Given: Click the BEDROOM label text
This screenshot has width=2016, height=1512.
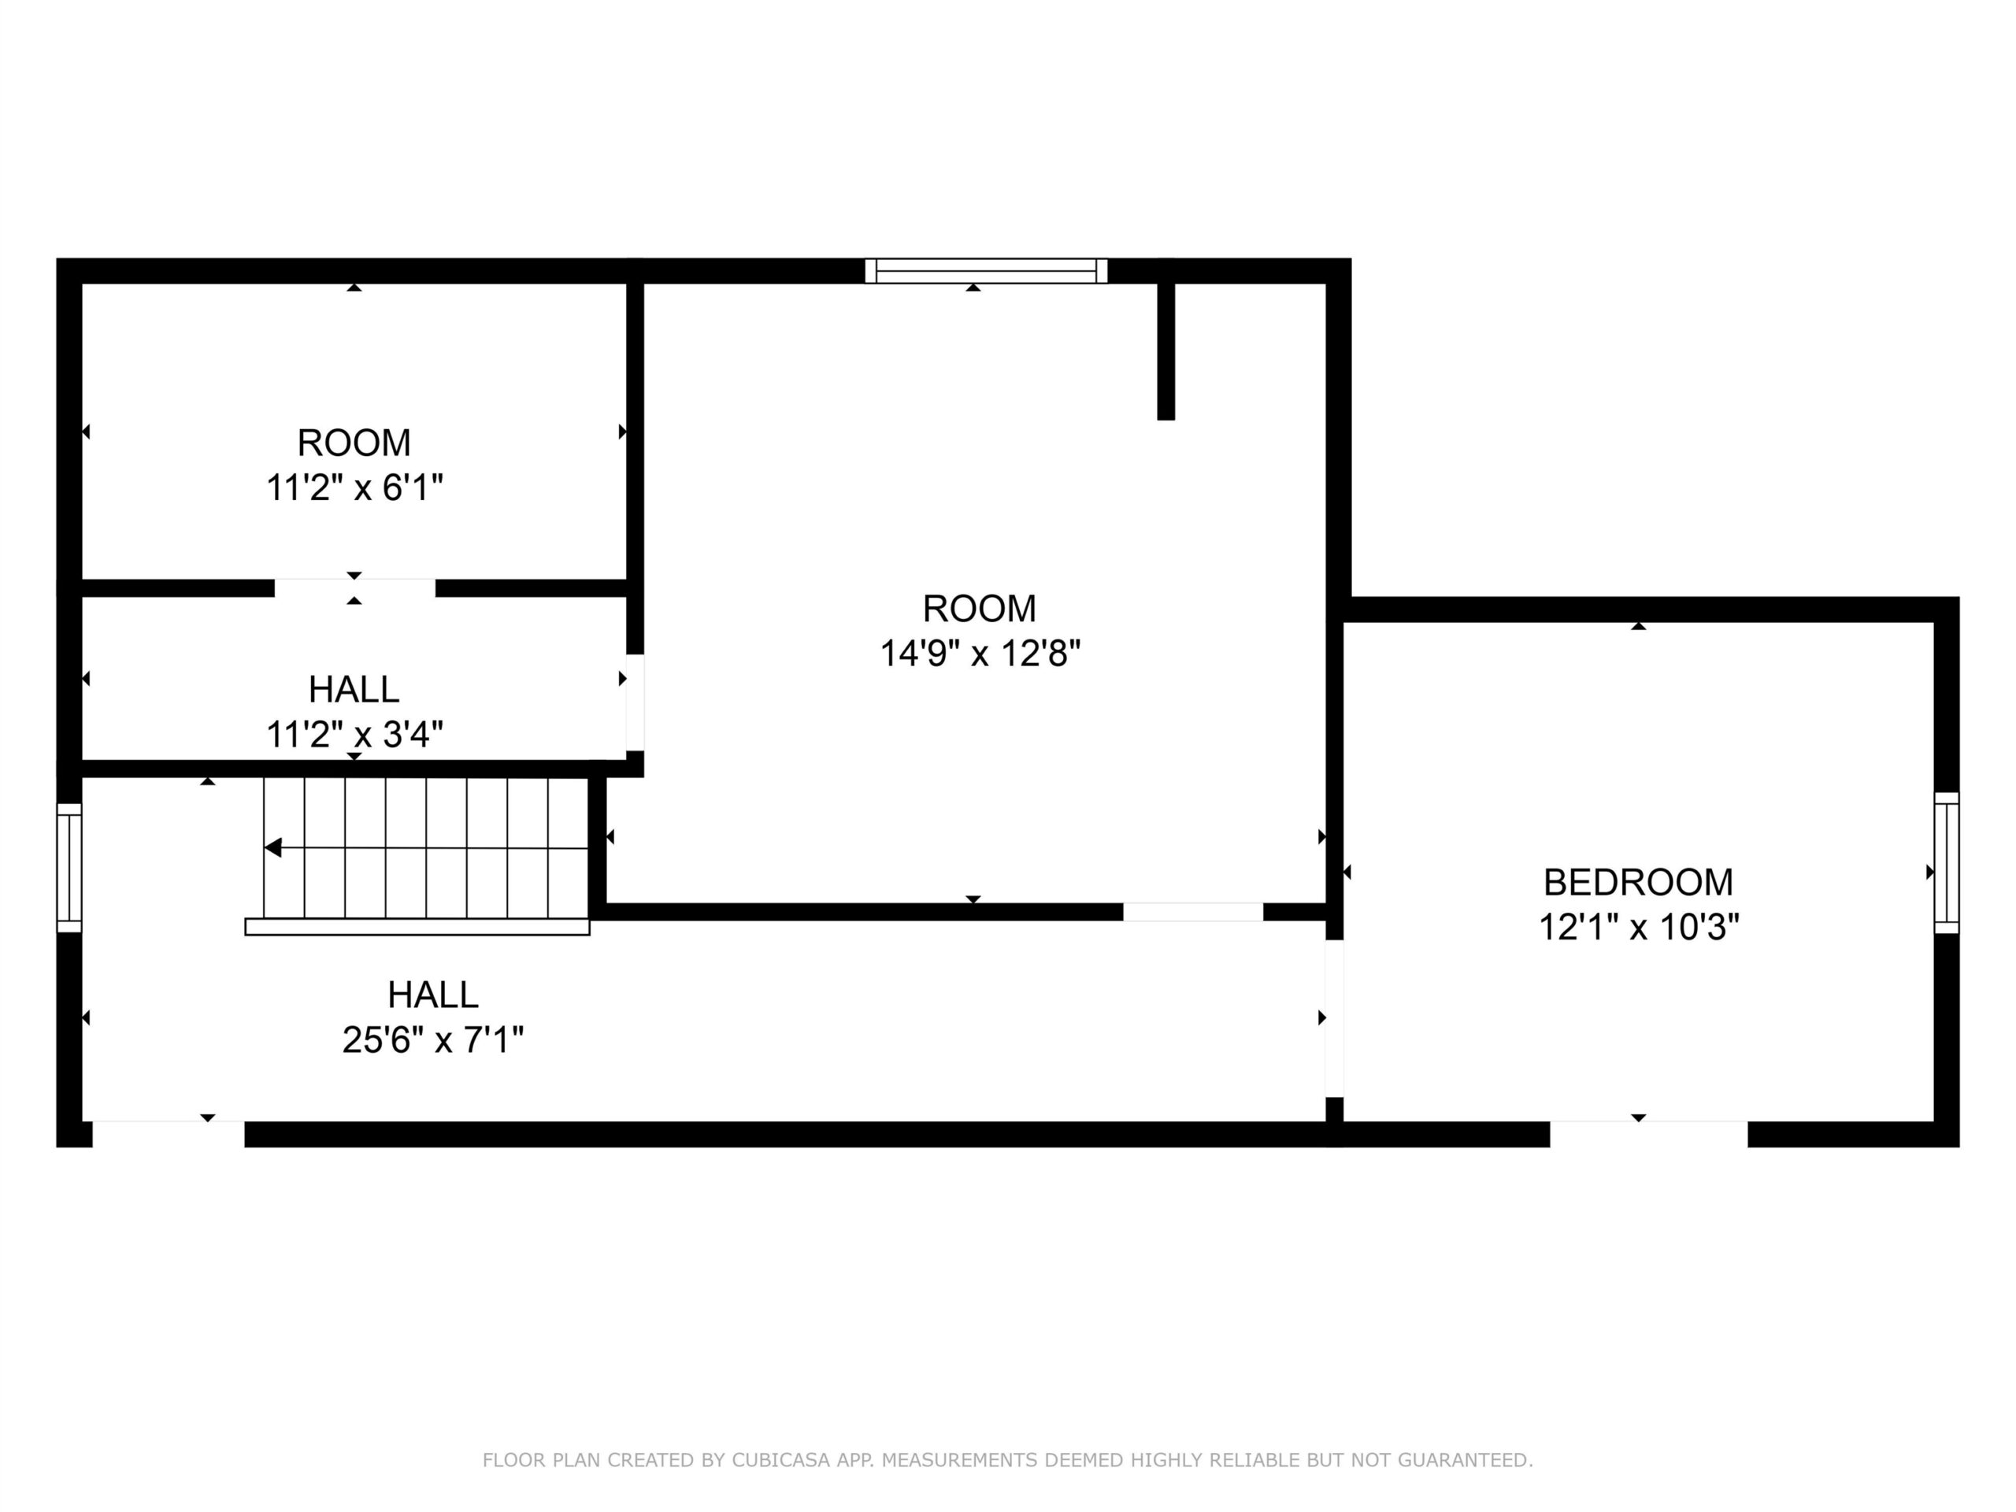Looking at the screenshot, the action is (1638, 882).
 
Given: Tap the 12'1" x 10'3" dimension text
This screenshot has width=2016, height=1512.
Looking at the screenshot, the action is (1639, 928).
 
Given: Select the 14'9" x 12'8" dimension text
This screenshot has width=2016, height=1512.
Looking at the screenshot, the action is (980, 654).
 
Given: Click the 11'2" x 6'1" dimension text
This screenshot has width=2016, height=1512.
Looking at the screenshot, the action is (354, 488).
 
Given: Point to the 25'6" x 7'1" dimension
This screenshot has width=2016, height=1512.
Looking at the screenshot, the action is (433, 1040).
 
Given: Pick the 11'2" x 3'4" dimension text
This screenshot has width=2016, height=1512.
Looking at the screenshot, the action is (354, 734).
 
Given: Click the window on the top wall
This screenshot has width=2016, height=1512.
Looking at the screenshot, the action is (986, 271).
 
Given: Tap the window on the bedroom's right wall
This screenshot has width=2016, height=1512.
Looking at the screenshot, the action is (1946, 862).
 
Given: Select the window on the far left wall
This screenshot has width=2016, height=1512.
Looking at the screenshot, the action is (69, 868).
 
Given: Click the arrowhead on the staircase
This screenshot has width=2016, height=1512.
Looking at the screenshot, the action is (272, 847).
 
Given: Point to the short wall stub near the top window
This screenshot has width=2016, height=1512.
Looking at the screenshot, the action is (1165, 351).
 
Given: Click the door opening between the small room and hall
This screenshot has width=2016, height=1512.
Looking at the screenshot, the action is (354, 587).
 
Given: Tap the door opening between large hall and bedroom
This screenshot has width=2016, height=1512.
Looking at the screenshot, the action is (1334, 1018).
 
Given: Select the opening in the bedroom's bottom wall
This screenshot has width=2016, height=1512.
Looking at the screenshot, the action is (1649, 1134).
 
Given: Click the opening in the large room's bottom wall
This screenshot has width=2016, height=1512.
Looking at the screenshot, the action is (1193, 911).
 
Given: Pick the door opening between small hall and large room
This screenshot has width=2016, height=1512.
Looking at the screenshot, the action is (636, 702).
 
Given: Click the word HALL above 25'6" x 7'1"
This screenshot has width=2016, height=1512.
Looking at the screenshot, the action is (433, 995).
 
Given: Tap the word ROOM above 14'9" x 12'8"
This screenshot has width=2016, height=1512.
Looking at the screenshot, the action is (980, 608).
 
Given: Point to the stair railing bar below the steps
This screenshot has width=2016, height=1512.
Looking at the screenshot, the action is (417, 927).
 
